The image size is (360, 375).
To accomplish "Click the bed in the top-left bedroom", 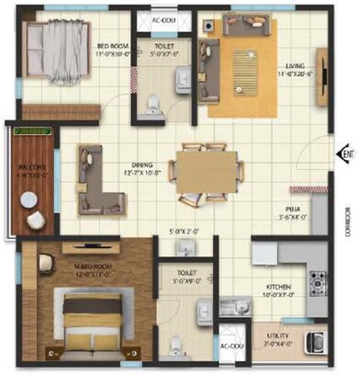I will point(55,50).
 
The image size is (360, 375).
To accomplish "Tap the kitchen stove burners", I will point(316,279).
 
